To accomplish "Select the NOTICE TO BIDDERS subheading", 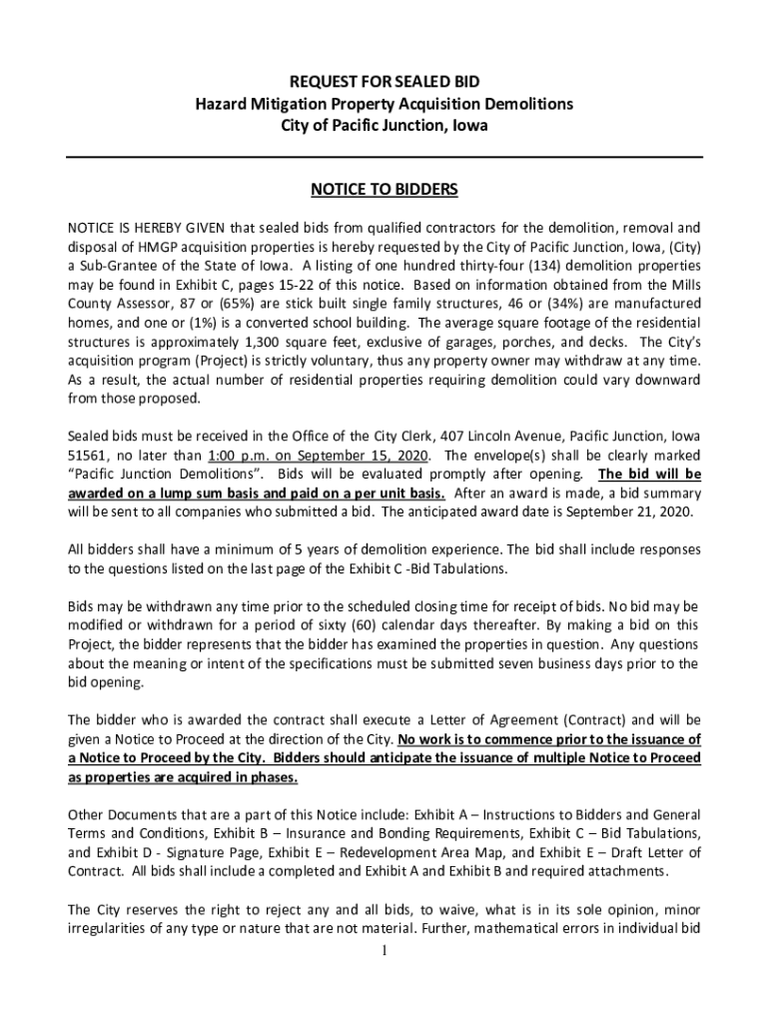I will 384,188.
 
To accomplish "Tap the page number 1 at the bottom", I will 384,950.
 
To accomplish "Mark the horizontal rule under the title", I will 384,158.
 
